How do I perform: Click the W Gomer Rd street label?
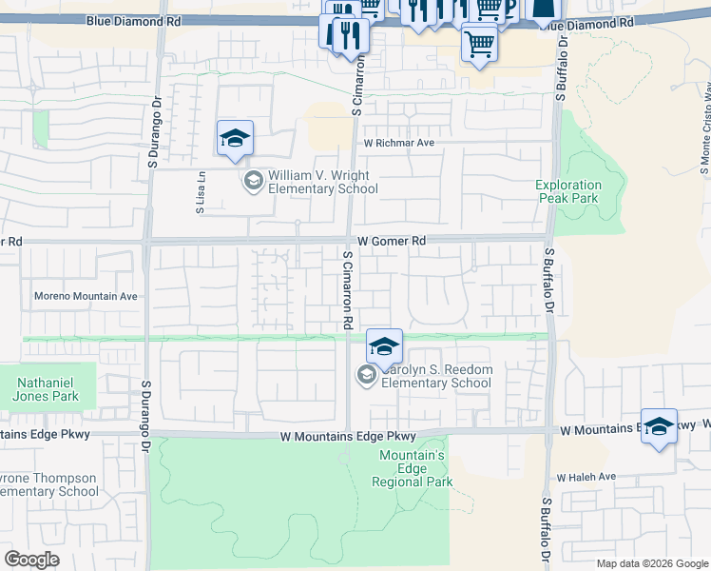(391, 242)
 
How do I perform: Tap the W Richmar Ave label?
(397, 143)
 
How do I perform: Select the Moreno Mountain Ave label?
(86, 296)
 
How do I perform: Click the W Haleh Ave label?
(586, 477)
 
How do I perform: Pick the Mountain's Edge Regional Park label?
(412, 468)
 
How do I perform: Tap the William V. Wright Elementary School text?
(322, 182)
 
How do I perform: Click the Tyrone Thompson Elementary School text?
(48, 484)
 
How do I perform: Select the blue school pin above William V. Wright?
(235, 139)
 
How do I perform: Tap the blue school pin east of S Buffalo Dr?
(659, 427)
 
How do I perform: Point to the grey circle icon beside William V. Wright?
(254, 181)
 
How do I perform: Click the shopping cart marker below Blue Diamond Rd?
(480, 44)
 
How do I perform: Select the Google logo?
(31, 560)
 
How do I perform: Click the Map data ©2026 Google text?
(651, 563)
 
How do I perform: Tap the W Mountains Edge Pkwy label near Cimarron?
(349, 436)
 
